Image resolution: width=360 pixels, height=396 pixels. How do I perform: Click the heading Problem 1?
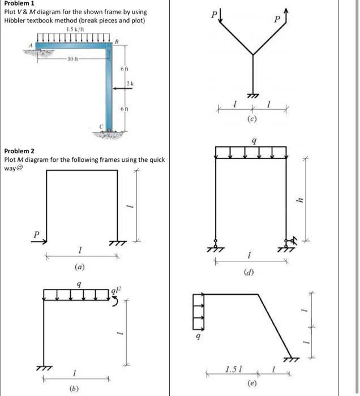point(19,5)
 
